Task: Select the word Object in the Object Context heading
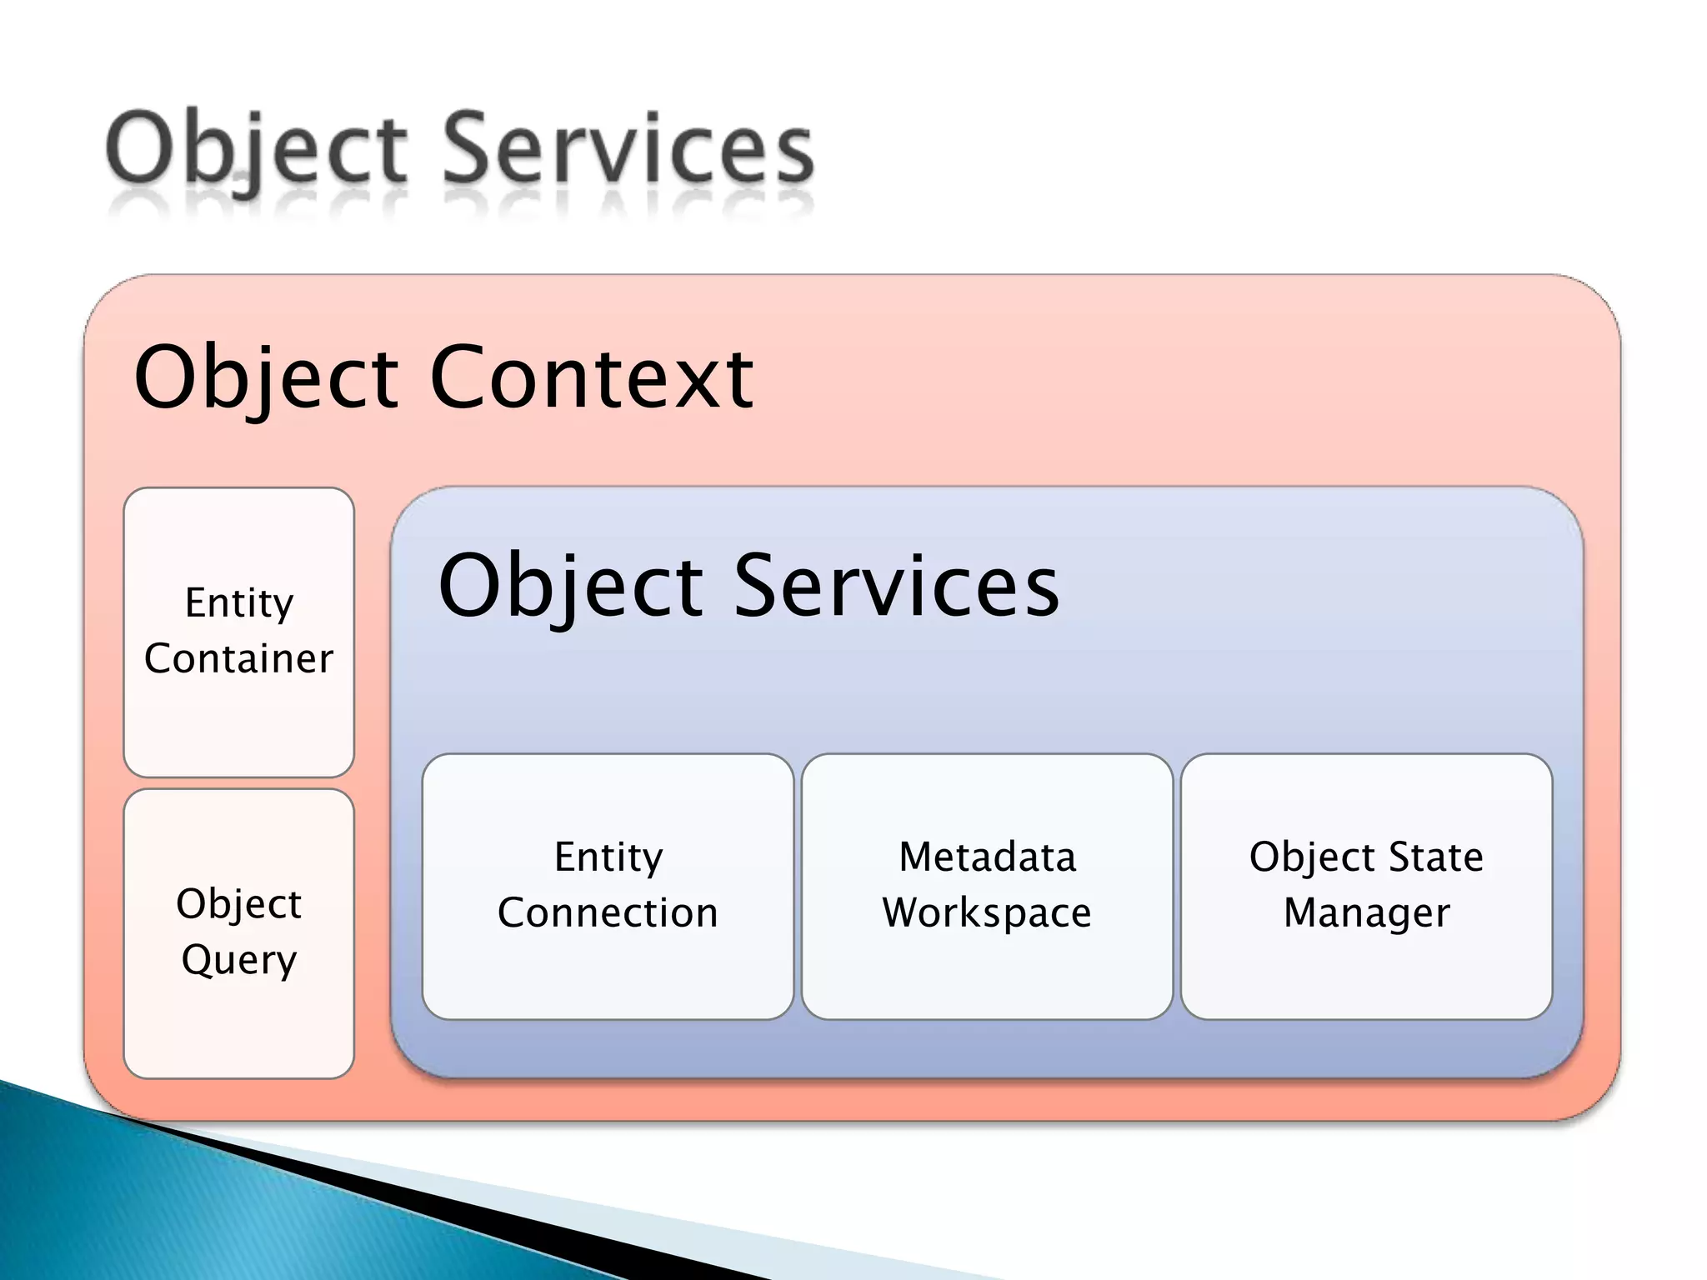click(267, 379)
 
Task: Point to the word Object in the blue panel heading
click(570, 587)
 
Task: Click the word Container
click(238, 658)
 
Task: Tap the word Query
click(238, 960)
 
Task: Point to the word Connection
click(608, 912)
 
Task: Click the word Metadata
click(987, 857)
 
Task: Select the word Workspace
click(987, 913)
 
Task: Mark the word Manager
click(1366, 913)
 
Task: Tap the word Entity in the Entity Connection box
click(608, 857)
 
